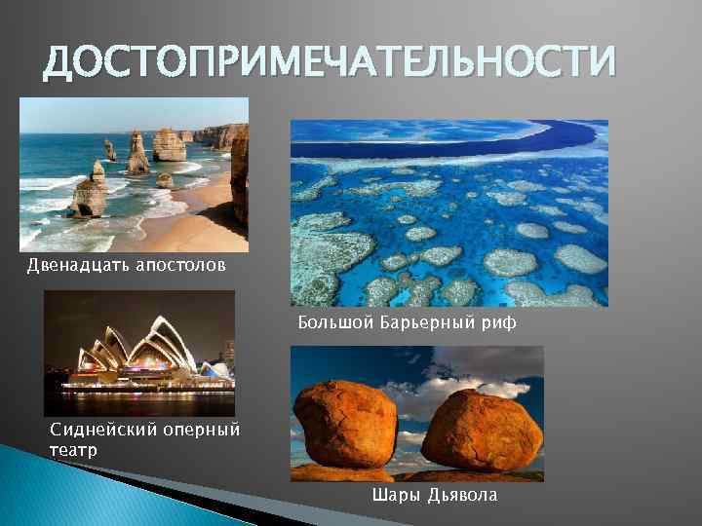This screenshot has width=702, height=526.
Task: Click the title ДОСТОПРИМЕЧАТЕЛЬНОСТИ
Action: coord(331,63)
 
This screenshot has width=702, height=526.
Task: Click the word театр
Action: coord(73,449)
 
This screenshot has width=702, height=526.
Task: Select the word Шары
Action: coord(395,495)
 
